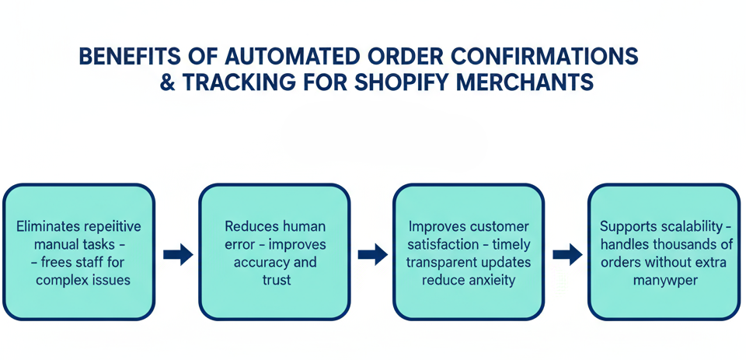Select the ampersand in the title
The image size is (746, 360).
click(168, 83)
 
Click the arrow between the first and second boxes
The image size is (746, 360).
click(178, 253)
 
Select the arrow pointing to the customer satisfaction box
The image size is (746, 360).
click(372, 253)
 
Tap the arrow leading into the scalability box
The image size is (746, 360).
click(566, 253)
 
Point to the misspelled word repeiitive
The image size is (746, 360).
click(112, 227)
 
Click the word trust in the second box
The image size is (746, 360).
click(276, 280)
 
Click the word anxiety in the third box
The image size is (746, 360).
click(492, 280)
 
